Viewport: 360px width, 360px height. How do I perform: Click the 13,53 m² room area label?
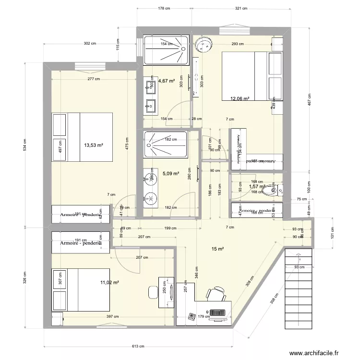[x=94, y=144]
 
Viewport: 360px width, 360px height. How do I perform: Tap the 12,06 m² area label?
[x=240, y=99]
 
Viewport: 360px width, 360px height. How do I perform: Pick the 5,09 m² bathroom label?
[x=170, y=174]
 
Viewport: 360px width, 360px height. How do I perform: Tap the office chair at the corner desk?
[x=217, y=293]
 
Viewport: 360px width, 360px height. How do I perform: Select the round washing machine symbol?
[x=204, y=44]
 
